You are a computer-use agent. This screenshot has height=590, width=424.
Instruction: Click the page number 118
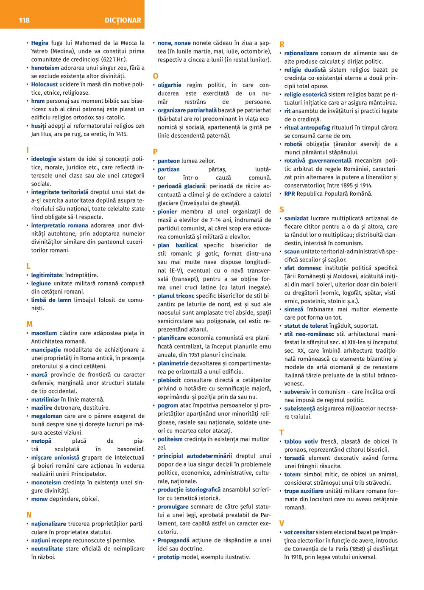click(24, 20)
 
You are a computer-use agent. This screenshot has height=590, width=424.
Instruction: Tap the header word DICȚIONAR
click(123, 20)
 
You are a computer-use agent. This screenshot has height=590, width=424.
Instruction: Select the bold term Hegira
click(40, 43)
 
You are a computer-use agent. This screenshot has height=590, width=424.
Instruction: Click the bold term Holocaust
click(45, 84)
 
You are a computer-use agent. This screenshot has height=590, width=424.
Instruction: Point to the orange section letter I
click(28, 150)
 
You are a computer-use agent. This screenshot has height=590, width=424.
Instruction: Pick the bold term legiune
click(41, 283)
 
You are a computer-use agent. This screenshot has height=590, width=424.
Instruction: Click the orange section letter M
click(29, 324)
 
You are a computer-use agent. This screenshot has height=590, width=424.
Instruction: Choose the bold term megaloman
click(47, 416)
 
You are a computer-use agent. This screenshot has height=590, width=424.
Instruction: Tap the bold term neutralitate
click(47, 548)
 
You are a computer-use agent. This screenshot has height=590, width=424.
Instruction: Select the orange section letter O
click(156, 76)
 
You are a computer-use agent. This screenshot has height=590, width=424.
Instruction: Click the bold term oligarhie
click(170, 85)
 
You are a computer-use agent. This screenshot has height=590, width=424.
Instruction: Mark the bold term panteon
click(169, 161)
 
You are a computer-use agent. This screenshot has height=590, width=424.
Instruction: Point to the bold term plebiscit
click(170, 380)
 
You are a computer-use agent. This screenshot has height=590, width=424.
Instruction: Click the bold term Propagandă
click(174, 540)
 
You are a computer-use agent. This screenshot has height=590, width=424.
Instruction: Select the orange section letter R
click(282, 45)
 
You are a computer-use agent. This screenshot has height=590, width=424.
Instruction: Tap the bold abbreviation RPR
click(290, 194)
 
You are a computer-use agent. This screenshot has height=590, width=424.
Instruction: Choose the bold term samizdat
click(296, 218)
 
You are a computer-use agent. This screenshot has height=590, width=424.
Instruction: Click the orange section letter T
click(282, 433)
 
